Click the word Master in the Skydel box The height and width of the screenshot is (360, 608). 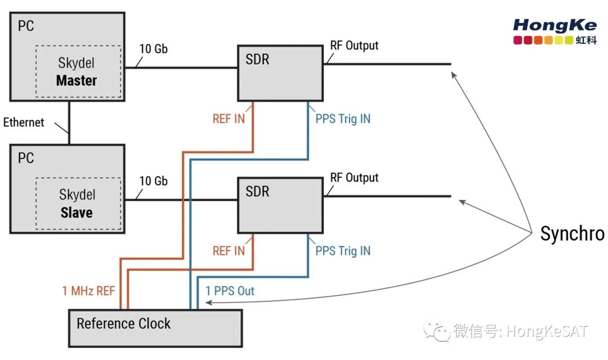(x=77, y=80)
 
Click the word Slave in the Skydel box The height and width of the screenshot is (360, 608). (x=77, y=213)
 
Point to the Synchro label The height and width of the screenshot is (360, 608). (x=572, y=233)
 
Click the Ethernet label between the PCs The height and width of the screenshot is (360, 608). (x=24, y=122)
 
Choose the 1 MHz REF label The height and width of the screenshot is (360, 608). (x=88, y=291)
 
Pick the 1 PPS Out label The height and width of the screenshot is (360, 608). (x=230, y=291)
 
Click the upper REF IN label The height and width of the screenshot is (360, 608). (x=229, y=119)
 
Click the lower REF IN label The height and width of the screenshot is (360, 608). (x=229, y=250)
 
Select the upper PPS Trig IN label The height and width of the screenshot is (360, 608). (x=343, y=119)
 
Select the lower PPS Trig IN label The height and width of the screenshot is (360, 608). (x=343, y=250)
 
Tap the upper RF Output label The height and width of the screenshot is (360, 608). (x=354, y=46)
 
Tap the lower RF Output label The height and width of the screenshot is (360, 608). (x=354, y=178)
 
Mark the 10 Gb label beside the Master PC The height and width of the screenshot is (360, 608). (x=153, y=49)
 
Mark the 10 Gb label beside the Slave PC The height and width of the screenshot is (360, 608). (x=153, y=181)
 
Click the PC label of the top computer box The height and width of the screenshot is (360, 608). (x=26, y=26)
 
